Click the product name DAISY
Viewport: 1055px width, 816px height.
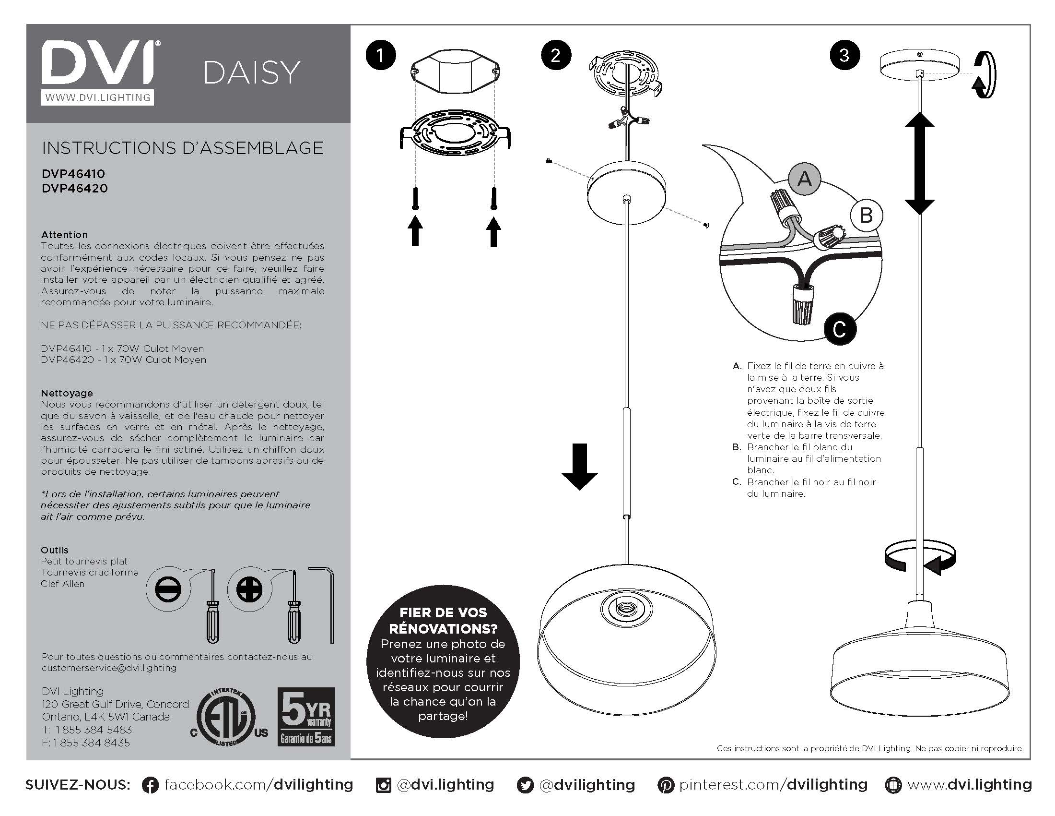(251, 73)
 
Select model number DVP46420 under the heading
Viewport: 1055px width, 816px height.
(74, 188)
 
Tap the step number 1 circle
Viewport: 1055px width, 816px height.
(381, 55)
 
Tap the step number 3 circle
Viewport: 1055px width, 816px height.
(844, 55)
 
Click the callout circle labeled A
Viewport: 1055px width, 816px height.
(804, 179)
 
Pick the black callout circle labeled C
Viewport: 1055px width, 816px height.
(840, 329)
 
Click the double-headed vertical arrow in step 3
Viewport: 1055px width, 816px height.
(919, 163)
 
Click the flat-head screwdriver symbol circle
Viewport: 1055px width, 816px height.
(169, 590)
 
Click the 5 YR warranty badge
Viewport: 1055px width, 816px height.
(306, 717)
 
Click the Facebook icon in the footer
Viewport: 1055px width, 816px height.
(150, 785)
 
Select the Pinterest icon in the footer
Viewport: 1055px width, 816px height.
(666, 785)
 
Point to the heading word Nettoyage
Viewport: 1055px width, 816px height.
(67, 393)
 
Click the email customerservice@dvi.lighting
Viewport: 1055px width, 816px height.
(109, 668)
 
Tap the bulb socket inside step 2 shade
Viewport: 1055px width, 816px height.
(626, 609)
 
